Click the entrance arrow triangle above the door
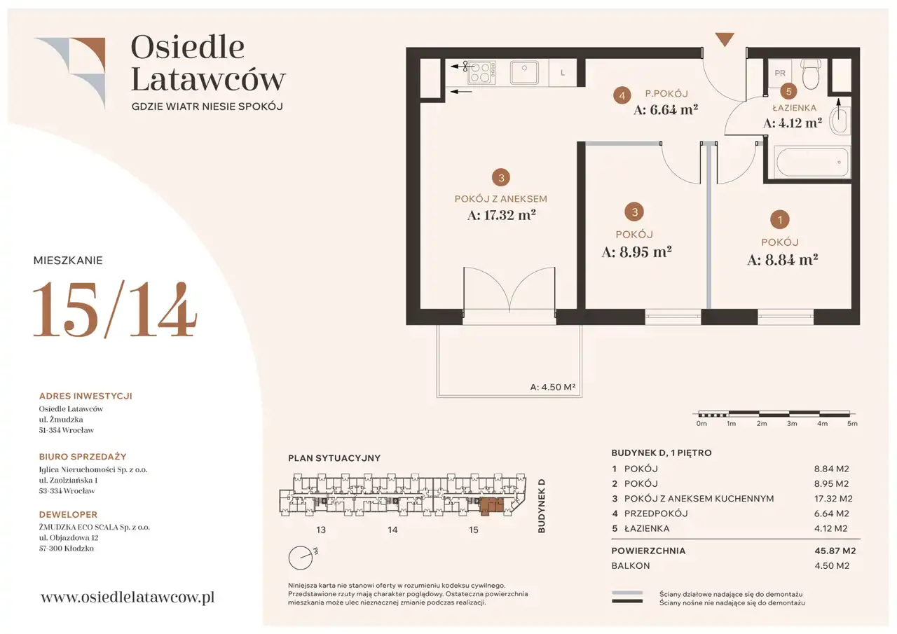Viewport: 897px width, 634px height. tap(725, 39)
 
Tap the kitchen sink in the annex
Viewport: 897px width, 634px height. tap(523, 72)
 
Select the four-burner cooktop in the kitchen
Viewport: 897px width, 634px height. tap(481, 72)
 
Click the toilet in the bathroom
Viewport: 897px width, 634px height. tap(811, 74)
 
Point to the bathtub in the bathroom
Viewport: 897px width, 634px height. tap(812, 162)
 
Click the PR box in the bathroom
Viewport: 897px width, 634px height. tap(780, 73)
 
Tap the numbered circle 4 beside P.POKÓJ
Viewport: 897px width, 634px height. tap(622, 96)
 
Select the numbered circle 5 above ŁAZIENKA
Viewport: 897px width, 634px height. tap(788, 92)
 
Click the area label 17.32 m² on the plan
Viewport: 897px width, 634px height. tap(501, 215)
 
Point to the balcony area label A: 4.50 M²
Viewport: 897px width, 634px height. tap(553, 387)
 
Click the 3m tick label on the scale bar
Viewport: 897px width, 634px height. tap(792, 423)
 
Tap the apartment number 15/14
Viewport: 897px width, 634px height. tap(114, 310)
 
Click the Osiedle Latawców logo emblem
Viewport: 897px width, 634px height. tap(69, 73)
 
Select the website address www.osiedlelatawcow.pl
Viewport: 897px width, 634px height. tap(128, 597)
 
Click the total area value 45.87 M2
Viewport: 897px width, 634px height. tap(835, 551)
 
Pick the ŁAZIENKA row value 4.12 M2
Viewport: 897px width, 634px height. tap(831, 528)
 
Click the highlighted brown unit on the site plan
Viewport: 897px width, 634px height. tap(492, 506)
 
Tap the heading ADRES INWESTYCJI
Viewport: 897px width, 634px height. tap(85, 396)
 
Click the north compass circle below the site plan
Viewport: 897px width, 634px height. tap(301, 558)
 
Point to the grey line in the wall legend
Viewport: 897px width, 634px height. tap(627, 593)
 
